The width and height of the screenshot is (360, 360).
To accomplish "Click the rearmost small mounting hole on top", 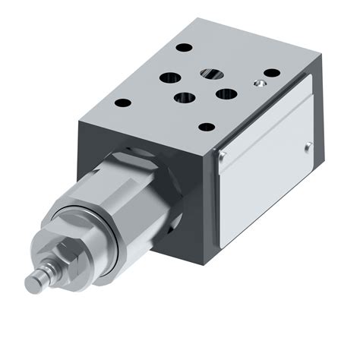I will (x=184, y=47).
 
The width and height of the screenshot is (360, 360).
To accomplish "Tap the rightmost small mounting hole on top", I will (x=271, y=73).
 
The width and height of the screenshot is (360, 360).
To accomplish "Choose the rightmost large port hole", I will (x=226, y=94).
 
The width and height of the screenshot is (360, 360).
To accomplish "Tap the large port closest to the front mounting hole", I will (x=183, y=98).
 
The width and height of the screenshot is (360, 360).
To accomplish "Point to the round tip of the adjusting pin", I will (x=32, y=283).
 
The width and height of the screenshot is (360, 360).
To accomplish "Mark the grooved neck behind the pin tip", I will (x=46, y=273).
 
